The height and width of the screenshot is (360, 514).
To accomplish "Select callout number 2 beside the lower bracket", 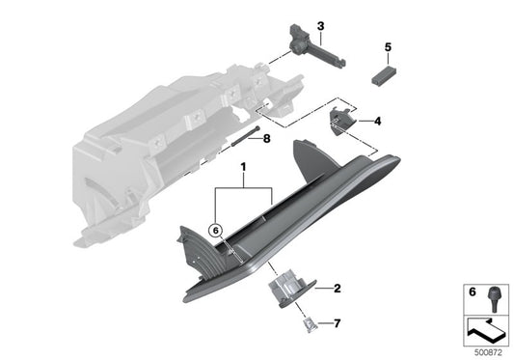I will [x=337, y=289].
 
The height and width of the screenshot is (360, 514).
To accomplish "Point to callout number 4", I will [x=377, y=122].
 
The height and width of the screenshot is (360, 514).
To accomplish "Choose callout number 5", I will [x=388, y=46].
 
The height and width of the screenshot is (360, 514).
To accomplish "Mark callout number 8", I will [x=266, y=138].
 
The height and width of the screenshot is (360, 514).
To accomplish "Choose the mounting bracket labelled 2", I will [x=287, y=288].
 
